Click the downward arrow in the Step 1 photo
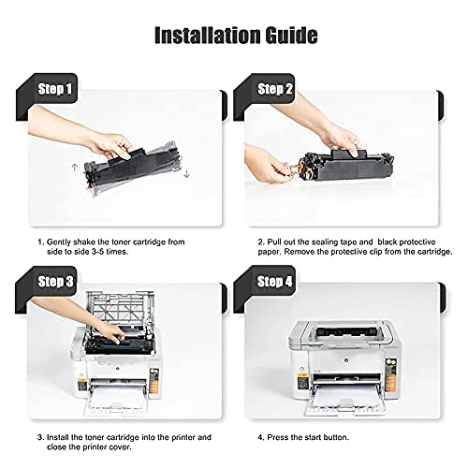[188, 173]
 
